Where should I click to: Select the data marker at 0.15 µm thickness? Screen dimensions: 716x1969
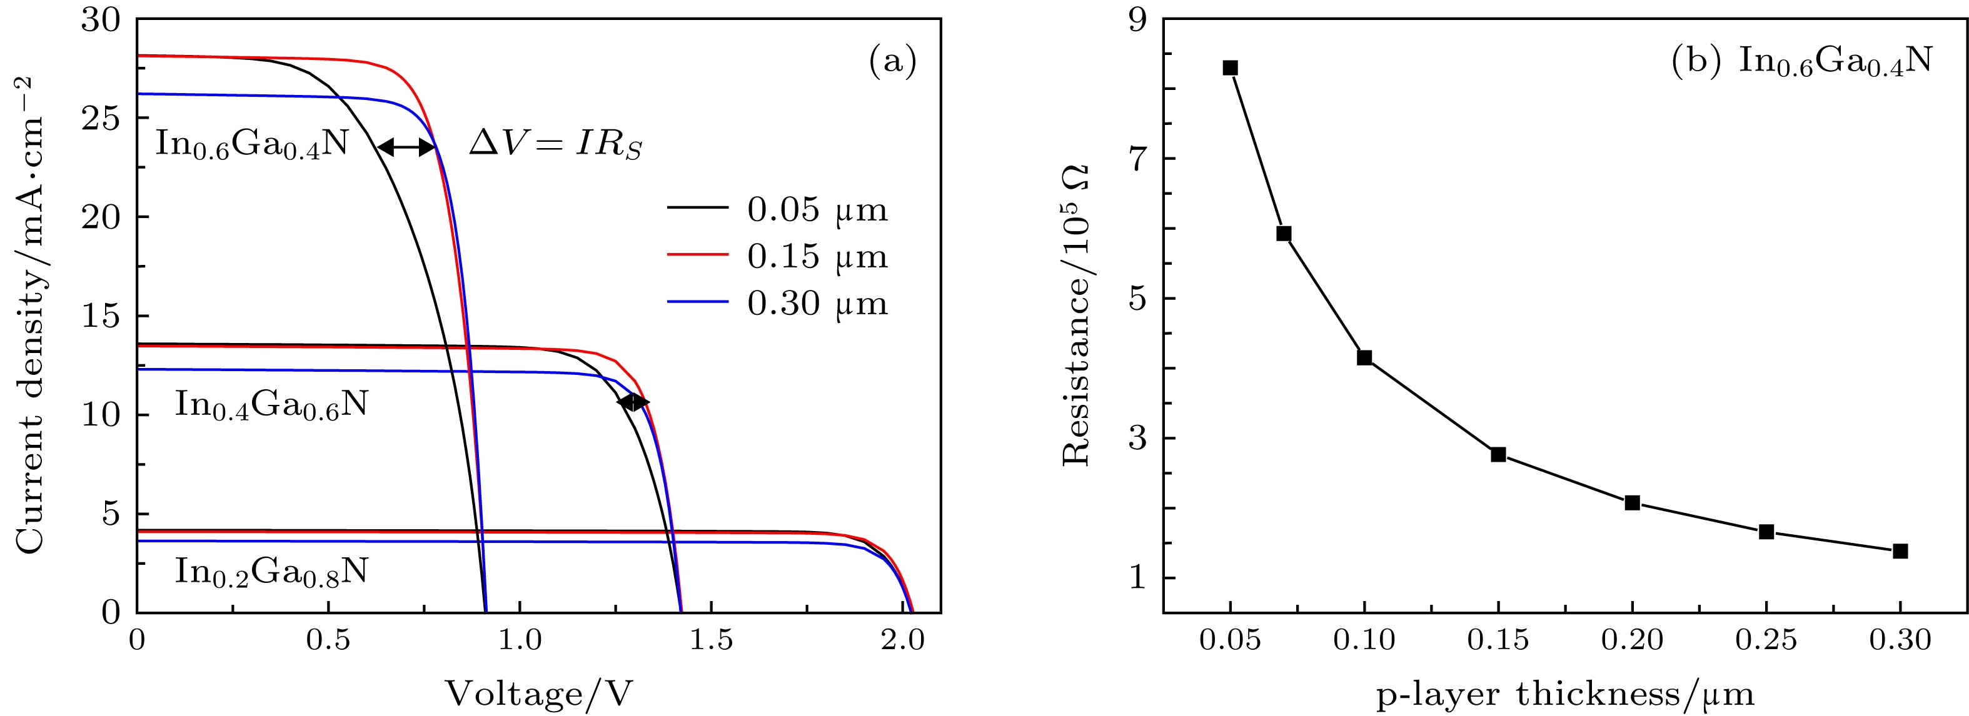pos(1498,455)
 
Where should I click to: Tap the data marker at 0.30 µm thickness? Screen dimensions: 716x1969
pos(1900,551)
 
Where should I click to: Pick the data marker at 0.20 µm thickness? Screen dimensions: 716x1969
pos(1632,503)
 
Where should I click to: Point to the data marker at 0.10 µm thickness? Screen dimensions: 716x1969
pos(1364,357)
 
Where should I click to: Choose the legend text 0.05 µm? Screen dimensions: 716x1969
pos(817,210)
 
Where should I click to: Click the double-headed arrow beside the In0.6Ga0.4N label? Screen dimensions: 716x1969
pos(406,147)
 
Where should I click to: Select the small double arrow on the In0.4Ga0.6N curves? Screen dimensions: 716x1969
pos(633,402)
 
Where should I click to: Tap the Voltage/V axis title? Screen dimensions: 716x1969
pos(539,692)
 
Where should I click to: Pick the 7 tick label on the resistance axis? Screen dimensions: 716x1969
pos(1139,159)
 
